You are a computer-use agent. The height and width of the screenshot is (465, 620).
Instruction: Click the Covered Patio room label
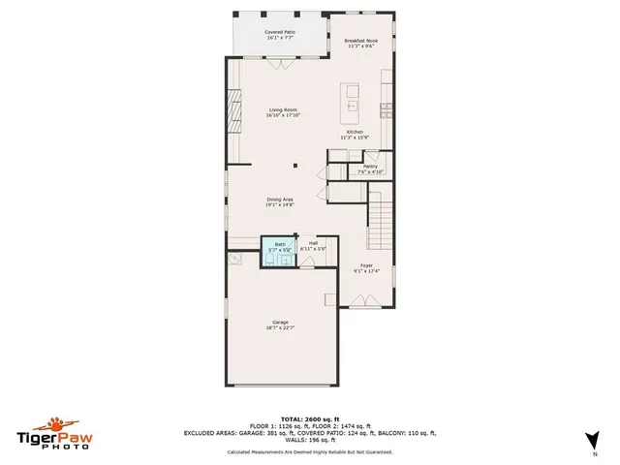(280, 32)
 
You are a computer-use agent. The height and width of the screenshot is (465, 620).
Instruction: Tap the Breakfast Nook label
(359, 40)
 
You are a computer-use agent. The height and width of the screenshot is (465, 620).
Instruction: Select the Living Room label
(283, 109)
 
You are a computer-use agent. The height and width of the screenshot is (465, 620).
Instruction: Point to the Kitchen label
(356, 132)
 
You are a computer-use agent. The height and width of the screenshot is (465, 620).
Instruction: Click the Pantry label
(370, 167)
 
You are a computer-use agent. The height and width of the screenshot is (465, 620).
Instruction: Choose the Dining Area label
(280, 199)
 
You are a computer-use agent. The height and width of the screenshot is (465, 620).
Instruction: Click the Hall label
(313, 243)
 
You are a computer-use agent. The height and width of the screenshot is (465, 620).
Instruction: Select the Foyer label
(366, 264)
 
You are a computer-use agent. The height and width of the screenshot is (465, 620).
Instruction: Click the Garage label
(280, 322)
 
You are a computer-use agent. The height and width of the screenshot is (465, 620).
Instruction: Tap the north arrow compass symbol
(593, 440)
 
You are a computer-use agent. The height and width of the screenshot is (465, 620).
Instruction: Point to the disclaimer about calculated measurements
(309, 452)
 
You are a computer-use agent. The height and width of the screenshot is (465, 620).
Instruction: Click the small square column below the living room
(299, 167)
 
